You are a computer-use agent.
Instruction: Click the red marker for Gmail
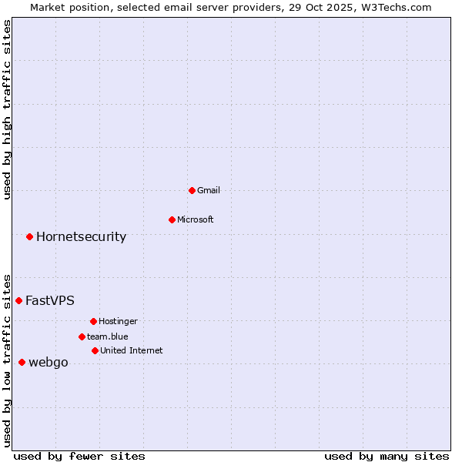click(192, 190)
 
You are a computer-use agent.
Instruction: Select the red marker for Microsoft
click(172, 219)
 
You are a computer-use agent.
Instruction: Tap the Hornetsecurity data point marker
click(29, 236)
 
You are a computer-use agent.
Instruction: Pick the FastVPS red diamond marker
click(18, 300)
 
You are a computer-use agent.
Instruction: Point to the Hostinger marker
click(93, 321)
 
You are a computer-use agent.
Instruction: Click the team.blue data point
click(82, 336)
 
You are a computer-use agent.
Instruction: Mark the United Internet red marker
click(95, 350)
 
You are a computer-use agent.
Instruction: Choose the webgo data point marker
click(22, 362)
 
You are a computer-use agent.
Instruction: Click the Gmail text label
click(209, 190)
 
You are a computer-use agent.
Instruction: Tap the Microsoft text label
click(196, 219)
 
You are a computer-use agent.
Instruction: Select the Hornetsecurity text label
click(81, 236)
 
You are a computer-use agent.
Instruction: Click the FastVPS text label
click(50, 300)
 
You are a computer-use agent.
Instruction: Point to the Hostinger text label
click(118, 321)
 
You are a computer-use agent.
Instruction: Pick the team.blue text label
click(108, 336)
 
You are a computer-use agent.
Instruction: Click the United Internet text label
click(132, 350)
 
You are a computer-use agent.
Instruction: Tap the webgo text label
click(49, 362)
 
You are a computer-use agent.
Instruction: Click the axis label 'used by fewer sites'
click(79, 456)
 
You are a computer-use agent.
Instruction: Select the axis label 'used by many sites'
click(387, 456)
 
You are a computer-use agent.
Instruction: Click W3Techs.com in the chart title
click(397, 7)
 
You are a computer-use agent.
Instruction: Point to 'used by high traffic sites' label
click(7, 109)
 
